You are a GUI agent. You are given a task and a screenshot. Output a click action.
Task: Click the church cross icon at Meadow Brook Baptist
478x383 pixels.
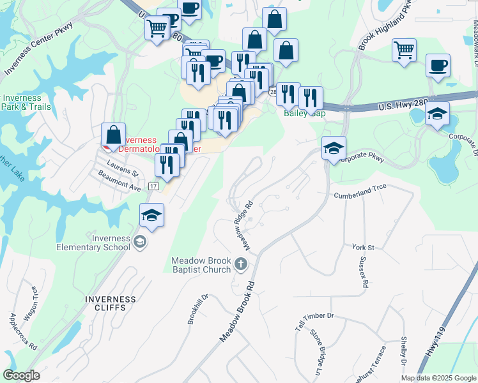(x=240, y=264)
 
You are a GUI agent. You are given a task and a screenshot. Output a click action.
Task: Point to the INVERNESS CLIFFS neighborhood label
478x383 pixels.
(x=111, y=303)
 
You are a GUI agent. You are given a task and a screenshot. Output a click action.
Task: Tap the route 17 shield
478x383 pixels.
(x=153, y=186)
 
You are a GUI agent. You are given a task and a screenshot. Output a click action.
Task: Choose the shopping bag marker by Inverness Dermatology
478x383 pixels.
(x=113, y=135)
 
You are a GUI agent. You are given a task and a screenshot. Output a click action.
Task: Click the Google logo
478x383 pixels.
(x=21, y=375)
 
